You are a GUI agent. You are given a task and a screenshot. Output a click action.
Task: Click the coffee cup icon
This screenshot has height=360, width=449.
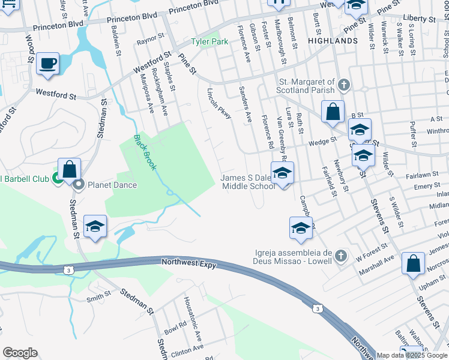pyautogui.click(x=47, y=63)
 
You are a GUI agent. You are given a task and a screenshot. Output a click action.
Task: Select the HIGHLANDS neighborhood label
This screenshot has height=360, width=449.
pyautogui.click(x=333, y=41)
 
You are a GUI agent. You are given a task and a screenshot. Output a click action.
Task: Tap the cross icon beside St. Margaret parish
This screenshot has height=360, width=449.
pyautogui.click(x=343, y=85)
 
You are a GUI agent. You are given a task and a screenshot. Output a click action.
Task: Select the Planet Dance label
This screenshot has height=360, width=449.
pyautogui.click(x=112, y=185)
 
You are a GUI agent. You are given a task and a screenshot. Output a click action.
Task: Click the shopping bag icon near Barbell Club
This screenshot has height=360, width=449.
pyautogui.click(x=70, y=169)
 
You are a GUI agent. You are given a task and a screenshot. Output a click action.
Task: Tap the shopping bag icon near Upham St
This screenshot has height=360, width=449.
pyautogui.click(x=414, y=263)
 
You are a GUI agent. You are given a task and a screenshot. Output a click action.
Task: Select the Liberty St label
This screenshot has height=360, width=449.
pyautogui.click(x=420, y=20)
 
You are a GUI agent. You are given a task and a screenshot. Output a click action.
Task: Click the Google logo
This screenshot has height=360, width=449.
pyautogui.click(x=20, y=353)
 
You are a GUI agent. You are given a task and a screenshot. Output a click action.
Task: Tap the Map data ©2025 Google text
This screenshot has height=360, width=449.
pyautogui.click(x=412, y=355)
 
